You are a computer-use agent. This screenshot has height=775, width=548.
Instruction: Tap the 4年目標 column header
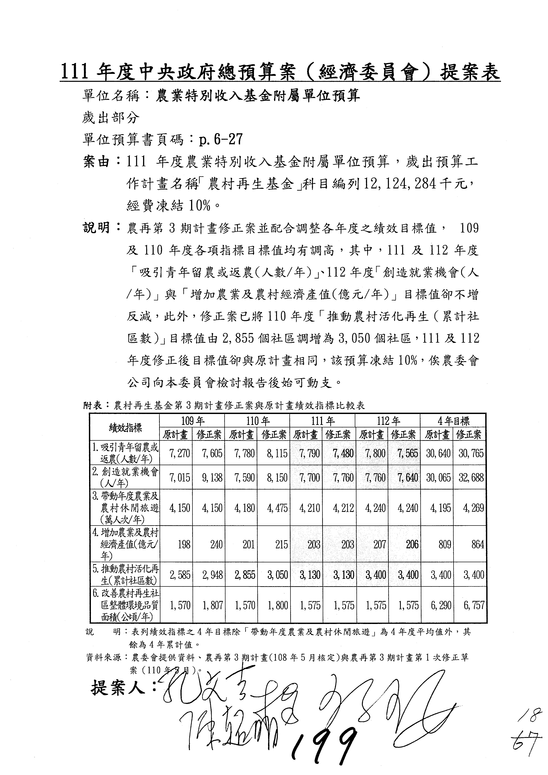pyautogui.click(x=453, y=421)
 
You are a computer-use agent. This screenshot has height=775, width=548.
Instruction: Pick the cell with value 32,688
pyautogui.click(x=470, y=478)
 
